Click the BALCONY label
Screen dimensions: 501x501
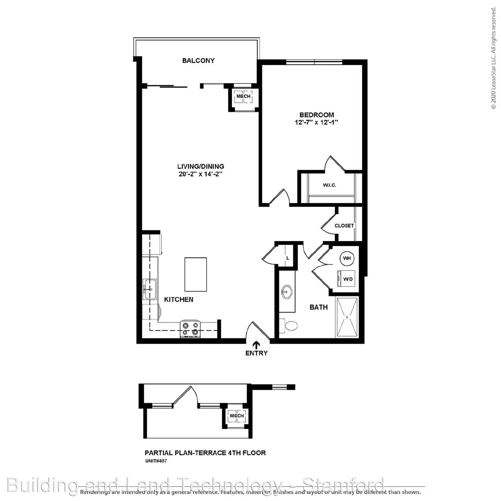(198, 60)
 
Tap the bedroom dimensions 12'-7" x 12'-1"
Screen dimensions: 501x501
(316, 122)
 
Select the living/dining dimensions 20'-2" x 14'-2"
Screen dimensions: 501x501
(200, 174)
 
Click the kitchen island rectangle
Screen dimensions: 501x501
(196, 274)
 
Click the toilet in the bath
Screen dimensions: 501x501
(289, 326)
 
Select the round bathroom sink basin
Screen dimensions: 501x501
(287, 292)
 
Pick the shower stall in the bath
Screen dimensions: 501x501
(347, 317)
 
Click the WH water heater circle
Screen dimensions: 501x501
(347, 258)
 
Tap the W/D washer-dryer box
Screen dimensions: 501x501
(347, 279)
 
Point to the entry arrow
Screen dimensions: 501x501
(256, 345)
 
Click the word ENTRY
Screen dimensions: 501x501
(256, 353)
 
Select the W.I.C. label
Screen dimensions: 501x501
(329, 185)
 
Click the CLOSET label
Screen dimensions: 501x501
(344, 225)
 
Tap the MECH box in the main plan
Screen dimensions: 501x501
(243, 96)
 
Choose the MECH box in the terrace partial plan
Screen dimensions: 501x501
(237, 416)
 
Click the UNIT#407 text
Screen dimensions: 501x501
(156, 461)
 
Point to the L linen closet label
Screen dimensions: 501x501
(287, 258)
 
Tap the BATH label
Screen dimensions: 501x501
(318, 307)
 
